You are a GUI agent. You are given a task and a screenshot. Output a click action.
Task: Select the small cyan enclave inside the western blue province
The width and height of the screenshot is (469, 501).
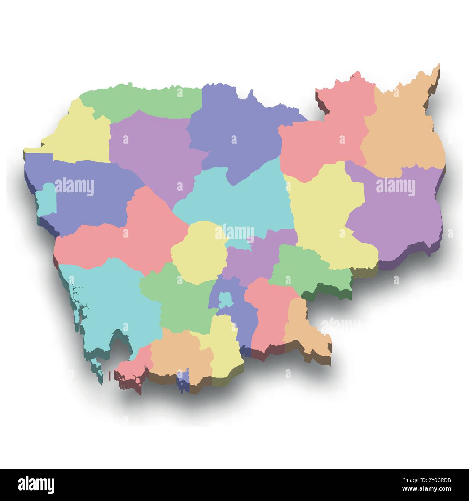click(47, 199)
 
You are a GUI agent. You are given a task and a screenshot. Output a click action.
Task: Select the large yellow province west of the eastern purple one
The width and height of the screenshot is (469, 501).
click(325, 216)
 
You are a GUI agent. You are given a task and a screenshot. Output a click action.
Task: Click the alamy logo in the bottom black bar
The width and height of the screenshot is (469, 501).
click(36, 484)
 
